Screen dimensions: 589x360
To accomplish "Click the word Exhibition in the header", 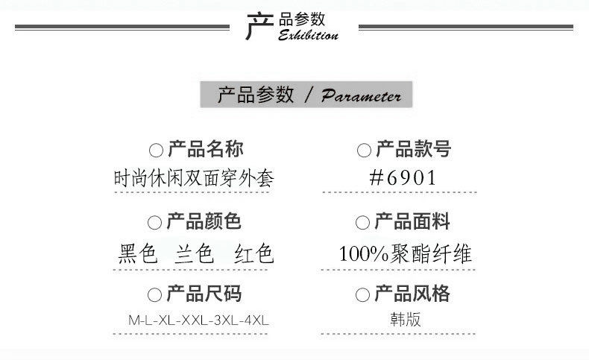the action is (308, 35).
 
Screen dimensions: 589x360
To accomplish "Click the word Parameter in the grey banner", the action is (361, 96).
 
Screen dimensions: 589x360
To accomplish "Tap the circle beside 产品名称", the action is (156, 151).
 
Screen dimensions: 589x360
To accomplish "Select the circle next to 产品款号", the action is (364, 151).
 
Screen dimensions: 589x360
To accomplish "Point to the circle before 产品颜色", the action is (155, 223).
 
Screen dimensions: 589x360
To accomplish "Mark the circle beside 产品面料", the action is (363, 223).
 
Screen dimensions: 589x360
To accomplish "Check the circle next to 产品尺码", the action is (155, 295).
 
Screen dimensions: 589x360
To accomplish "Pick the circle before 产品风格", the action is (363, 295).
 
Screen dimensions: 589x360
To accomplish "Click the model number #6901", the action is (403, 178).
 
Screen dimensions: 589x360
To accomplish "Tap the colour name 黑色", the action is (138, 254).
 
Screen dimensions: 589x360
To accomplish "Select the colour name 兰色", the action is (195, 254).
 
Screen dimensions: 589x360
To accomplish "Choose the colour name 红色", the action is (253, 254).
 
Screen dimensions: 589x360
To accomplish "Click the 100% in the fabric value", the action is (362, 254).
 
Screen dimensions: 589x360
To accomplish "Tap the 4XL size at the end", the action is (256, 321).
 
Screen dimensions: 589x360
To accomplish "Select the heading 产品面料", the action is (413, 222).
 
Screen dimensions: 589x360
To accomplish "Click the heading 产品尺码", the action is (204, 294).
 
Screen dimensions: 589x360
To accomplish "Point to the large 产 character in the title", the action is (258, 27).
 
